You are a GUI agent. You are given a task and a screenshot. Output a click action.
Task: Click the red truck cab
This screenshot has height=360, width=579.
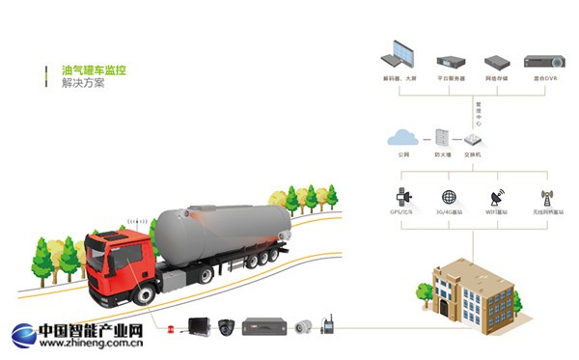click(118, 265)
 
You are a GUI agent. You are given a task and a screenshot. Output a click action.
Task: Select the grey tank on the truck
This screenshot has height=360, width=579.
click(222, 232)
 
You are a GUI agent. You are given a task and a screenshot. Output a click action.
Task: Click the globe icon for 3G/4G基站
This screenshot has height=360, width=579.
click(448, 197)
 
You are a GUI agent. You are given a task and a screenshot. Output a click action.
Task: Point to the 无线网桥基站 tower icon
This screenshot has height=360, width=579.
click(545, 197)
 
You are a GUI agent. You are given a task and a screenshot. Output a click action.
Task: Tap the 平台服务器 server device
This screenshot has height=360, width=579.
click(451, 60)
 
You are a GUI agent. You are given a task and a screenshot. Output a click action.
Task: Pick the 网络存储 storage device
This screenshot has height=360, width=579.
click(496, 60)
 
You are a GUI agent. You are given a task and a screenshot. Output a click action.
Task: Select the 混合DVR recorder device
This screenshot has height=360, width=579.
click(544, 61)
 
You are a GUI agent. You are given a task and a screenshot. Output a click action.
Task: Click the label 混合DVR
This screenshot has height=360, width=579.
click(544, 77)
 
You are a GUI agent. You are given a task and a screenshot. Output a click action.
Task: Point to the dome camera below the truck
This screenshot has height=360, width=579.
click(227, 326)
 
